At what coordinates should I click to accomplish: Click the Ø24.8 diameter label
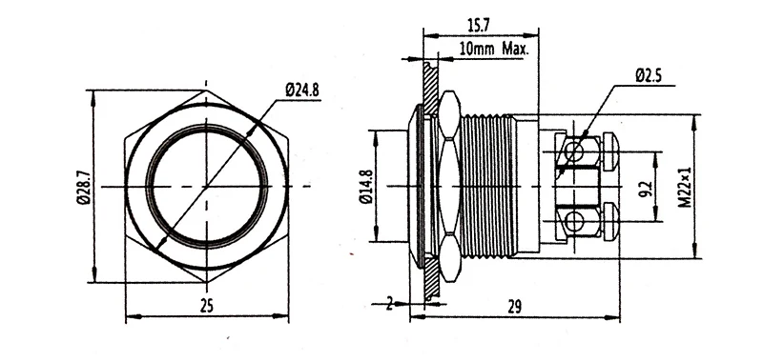[302, 90]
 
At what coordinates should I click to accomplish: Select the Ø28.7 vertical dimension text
[83, 187]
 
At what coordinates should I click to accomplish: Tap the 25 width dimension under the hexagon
[207, 306]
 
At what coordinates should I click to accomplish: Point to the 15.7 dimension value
[479, 26]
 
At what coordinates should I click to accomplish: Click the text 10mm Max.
[493, 49]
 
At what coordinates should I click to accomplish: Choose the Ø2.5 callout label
[649, 76]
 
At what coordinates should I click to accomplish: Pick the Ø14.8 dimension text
[367, 187]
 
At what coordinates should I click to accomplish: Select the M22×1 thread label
[685, 188]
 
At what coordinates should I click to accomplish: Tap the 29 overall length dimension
[514, 307]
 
